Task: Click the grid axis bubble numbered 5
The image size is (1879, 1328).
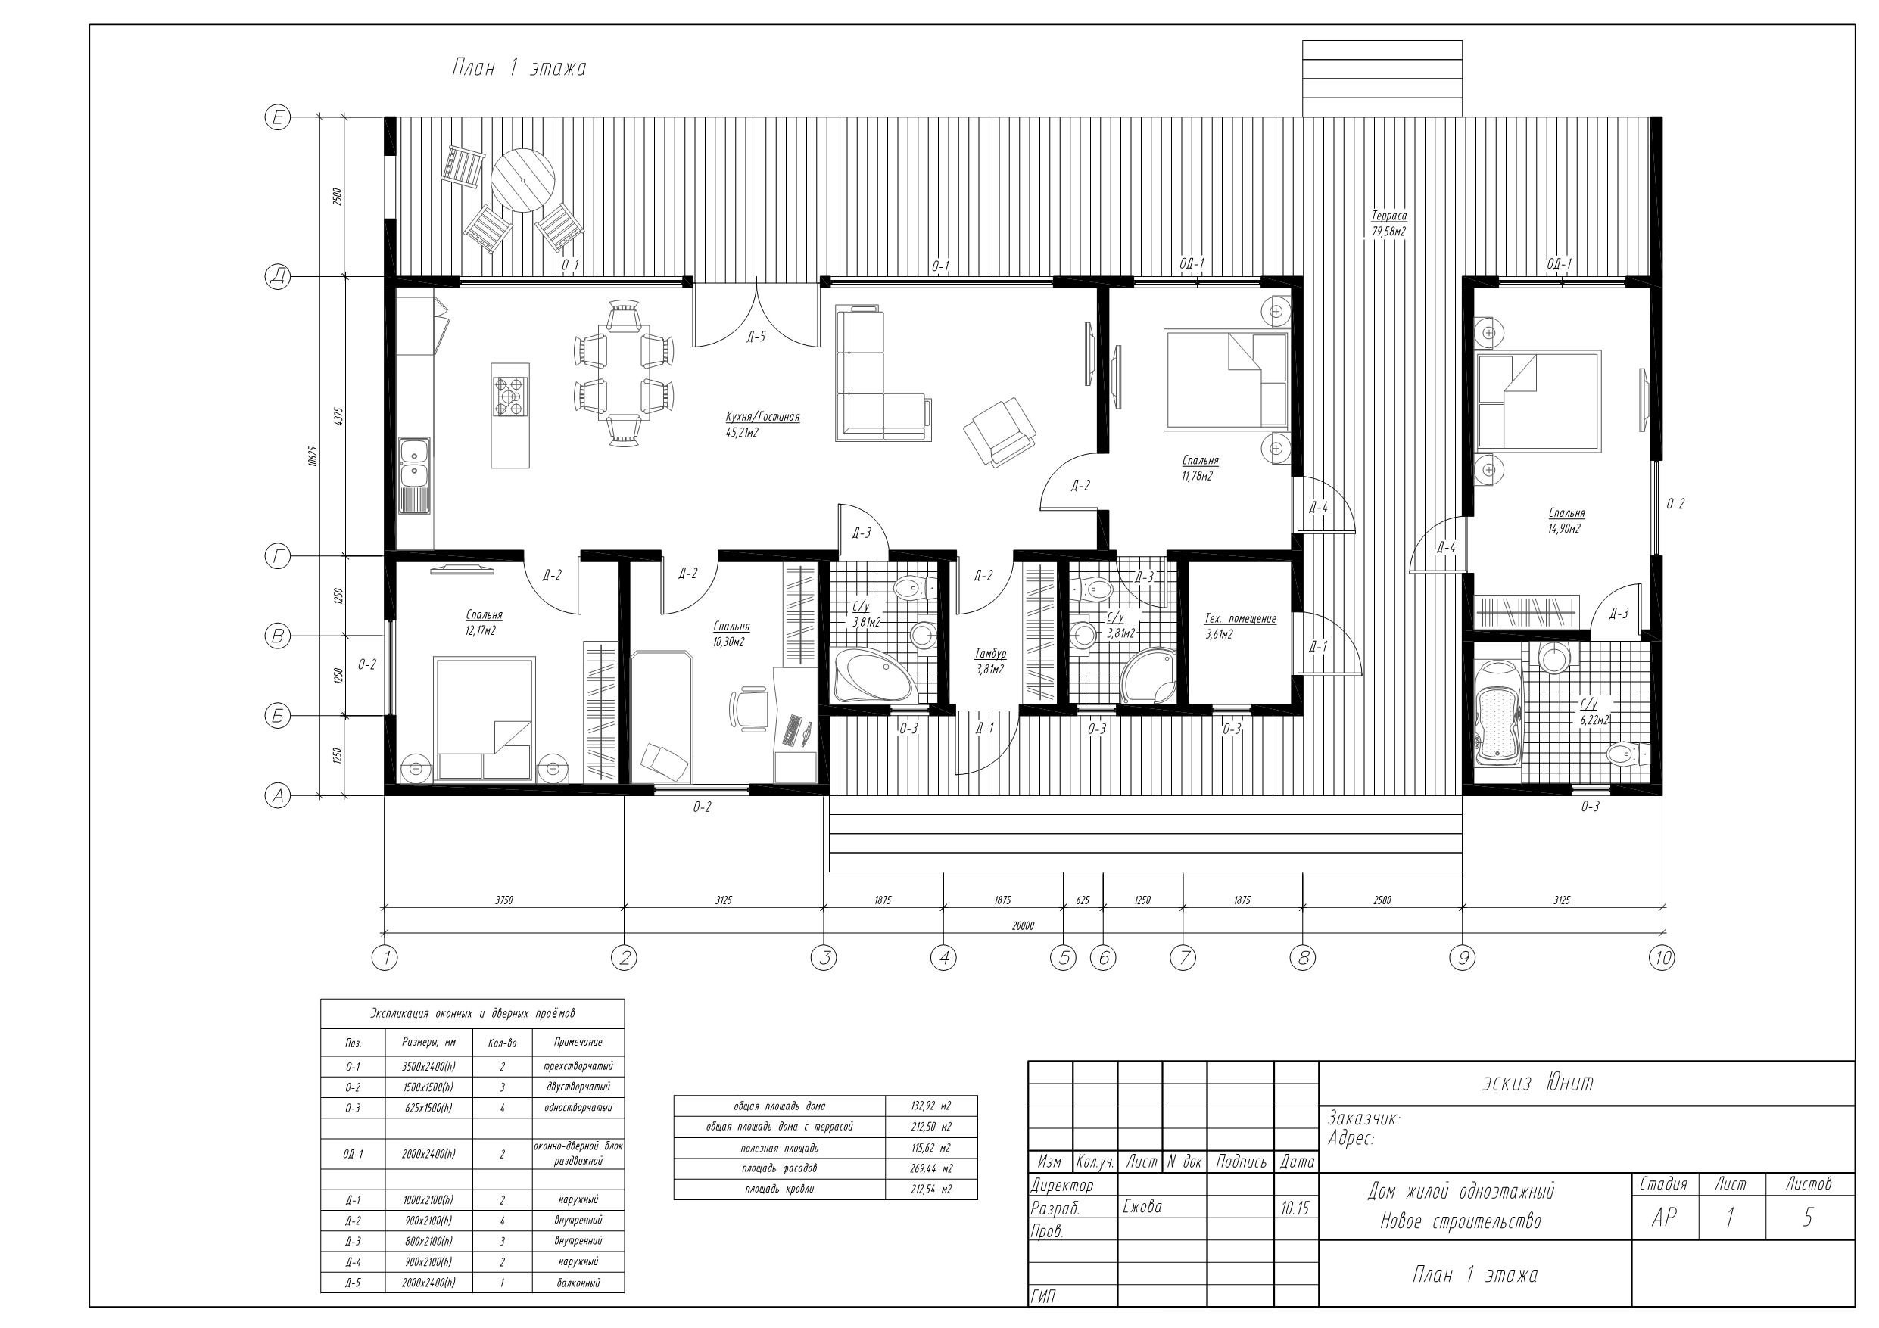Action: [x=1063, y=957]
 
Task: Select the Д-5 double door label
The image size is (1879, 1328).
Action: [x=756, y=336]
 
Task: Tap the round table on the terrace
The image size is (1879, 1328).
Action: [x=522, y=180]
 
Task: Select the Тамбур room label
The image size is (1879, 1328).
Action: [x=989, y=654]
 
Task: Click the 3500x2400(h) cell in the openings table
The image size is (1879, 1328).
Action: [x=428, y=1067]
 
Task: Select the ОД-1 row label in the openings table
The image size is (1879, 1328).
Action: [x=353, y=1155]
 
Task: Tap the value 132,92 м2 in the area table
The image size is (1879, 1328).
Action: [x=930, y=1106]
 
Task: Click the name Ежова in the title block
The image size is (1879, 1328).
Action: [x=1142, y=1207]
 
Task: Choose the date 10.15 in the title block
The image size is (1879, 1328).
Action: [x=1296, y=1208]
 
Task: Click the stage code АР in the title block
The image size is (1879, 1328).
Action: [x=1664, y=1218]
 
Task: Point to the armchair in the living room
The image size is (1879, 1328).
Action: [x=999, y=432]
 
